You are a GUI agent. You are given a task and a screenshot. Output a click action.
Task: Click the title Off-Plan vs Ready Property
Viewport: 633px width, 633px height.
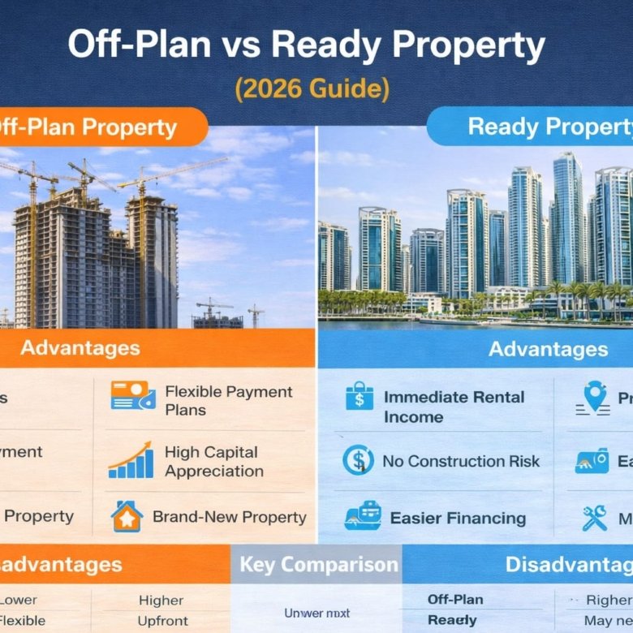coord(306,47)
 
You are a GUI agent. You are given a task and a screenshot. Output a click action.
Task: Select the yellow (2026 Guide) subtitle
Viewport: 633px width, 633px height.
coord(312,88)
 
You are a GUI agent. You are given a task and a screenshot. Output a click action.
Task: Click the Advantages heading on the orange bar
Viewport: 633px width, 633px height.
coord(80,348)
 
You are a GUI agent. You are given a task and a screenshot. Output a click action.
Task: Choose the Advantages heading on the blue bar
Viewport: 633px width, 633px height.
coord(548,349)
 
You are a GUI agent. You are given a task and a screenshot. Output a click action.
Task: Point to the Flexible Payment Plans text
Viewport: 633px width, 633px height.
coord(228,401)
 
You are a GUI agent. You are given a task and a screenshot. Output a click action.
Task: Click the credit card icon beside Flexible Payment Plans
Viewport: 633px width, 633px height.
coord(132,396)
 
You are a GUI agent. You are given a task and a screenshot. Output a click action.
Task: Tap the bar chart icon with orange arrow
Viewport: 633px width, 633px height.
coord(131,460)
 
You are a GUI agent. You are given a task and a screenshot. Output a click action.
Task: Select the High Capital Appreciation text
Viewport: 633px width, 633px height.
coord(213,462)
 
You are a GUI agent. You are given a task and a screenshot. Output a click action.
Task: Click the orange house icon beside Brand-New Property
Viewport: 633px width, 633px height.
coord(127,517)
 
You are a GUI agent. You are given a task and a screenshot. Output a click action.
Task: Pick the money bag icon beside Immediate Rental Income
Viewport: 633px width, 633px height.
coord(359,397)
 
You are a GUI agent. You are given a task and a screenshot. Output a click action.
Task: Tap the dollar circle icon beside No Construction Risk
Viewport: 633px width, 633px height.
coord(358,460)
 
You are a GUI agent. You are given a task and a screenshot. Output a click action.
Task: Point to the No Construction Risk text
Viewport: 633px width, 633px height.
coord(461,461)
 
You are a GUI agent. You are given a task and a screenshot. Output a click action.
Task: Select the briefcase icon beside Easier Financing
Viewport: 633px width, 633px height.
coord(360,517)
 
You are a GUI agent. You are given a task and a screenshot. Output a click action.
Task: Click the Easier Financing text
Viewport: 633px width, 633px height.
coord(458,518)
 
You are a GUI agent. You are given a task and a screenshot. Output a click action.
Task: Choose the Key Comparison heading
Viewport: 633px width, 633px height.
coord(319,565)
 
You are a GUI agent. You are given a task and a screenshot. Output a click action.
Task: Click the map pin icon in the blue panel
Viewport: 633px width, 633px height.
coord(596,396)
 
